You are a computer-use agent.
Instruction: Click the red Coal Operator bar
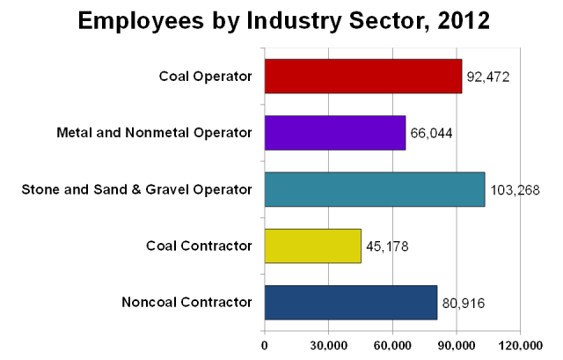(x=362, y=77)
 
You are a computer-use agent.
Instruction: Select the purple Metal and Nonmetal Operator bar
(x=335, y=133)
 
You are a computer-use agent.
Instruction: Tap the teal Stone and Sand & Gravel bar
(x=375, y=189)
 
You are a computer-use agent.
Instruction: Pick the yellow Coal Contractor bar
(x=313, y=246)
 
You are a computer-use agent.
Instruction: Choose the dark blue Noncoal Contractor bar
(x=351, y=303)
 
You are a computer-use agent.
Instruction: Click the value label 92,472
(x=488, y=77)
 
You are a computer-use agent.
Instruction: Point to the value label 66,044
(x=432, y=134)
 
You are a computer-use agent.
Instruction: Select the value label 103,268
(x=515, y=190)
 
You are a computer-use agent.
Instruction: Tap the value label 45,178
(x=388, y=246)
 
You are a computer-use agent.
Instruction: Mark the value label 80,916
(x=464, y=304)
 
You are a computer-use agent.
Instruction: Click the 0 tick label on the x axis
(x=265, y=346)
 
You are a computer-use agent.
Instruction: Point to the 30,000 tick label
(x=328, y=346)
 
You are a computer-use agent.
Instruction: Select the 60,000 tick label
(x=391, y=346)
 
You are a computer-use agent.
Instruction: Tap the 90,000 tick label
(x=456, y=346)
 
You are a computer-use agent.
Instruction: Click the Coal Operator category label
(x=206, y=77)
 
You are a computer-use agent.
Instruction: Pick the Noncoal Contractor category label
(x=187, y=303)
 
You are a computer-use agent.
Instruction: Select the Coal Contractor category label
(x=199, y=246)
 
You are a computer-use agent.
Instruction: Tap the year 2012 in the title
(x=457, y=21)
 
